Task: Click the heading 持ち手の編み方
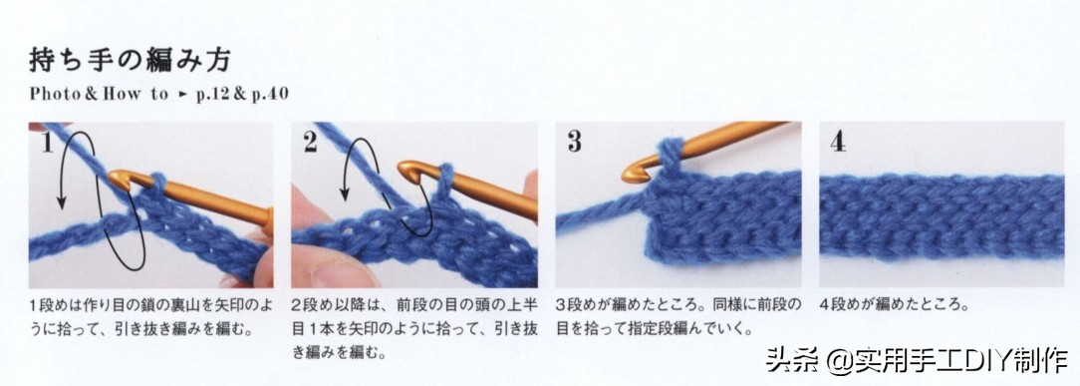[x=130, y=62]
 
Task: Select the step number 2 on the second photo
[x=310, y=142]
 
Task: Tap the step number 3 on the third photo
[x=575, y=141]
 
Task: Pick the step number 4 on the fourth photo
[x=838, y=141]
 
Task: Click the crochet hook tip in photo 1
[x=113, y=179]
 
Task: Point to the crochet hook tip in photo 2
[x=402, y=170]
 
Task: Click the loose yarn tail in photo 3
[x=599, y=210]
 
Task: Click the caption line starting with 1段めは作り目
[x=150, y=304]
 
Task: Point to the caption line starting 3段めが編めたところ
[x=679, y=304]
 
